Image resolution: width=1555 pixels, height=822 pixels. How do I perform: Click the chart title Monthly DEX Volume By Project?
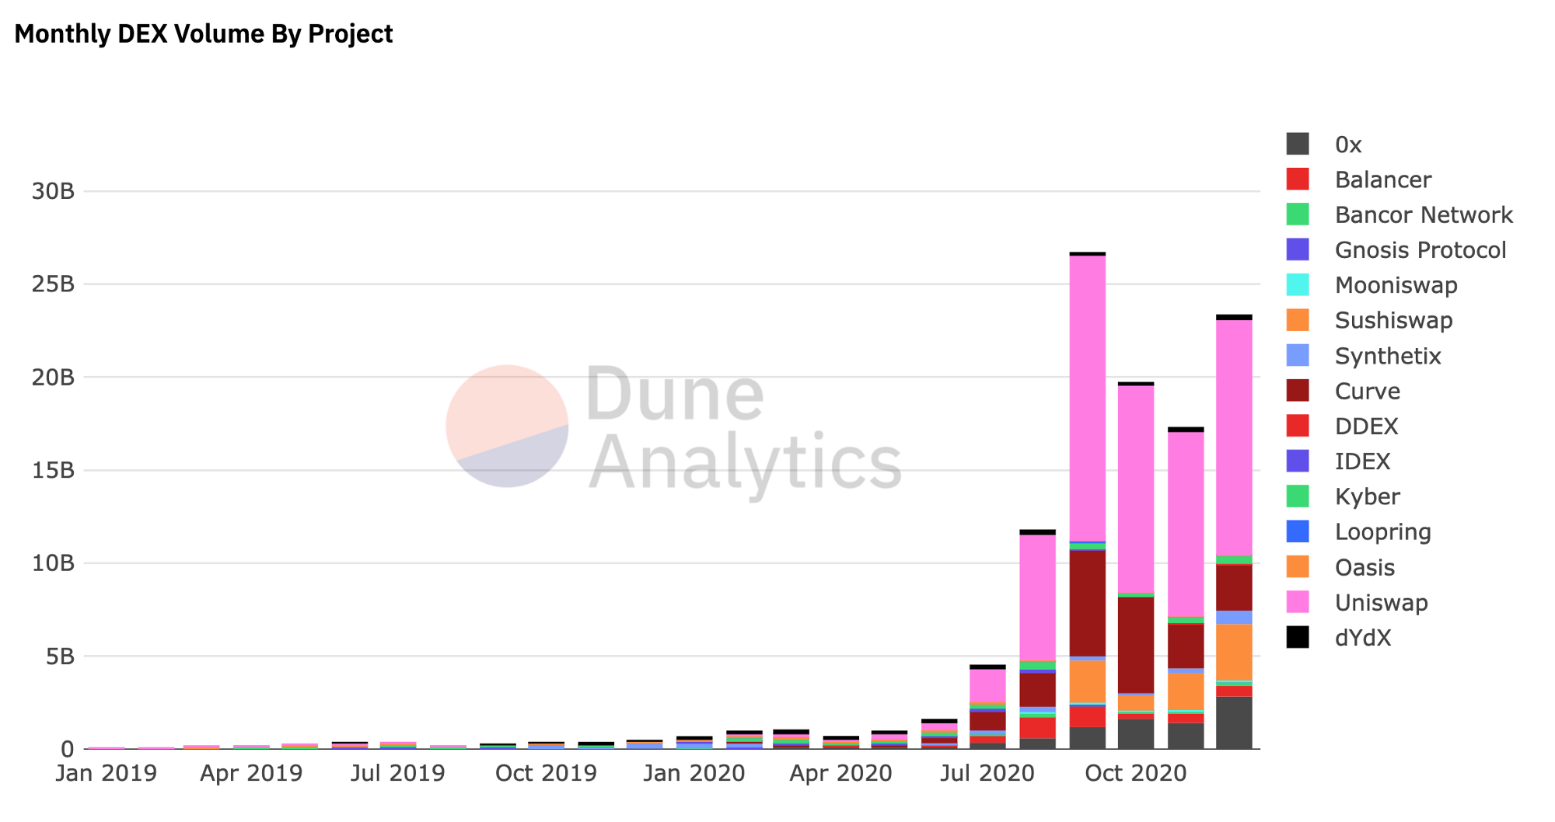point(204,34)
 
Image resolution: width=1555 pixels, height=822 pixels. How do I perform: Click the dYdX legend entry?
point(1362,638)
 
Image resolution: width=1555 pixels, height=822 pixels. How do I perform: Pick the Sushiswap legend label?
point(1393,321)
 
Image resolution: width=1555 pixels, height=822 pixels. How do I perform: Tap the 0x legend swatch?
point(1298,145)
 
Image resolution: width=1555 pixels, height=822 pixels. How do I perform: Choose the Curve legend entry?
point(1367,392)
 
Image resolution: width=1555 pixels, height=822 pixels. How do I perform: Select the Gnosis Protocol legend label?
point(1420,250)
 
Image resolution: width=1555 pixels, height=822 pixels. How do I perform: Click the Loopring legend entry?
point(1382,532)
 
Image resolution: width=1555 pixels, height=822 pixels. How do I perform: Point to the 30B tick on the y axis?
point(53,191)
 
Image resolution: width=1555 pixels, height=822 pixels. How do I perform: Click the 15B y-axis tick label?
point(53,470)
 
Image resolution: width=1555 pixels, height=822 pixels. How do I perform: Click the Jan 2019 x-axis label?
point(106,773)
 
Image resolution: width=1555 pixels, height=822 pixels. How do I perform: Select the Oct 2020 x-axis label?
point(1135,773)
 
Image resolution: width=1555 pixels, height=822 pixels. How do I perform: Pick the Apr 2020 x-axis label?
point(840,773)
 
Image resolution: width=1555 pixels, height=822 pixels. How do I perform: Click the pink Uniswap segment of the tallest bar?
point(1087,396)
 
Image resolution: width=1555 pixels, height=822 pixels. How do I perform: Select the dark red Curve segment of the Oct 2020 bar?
point(1136,645)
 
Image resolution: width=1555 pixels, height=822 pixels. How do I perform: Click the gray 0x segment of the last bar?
point(1234,723)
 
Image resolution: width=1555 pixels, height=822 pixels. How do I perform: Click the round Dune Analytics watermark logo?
point(507,426)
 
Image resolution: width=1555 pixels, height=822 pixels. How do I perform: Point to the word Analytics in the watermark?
point(745,463)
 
